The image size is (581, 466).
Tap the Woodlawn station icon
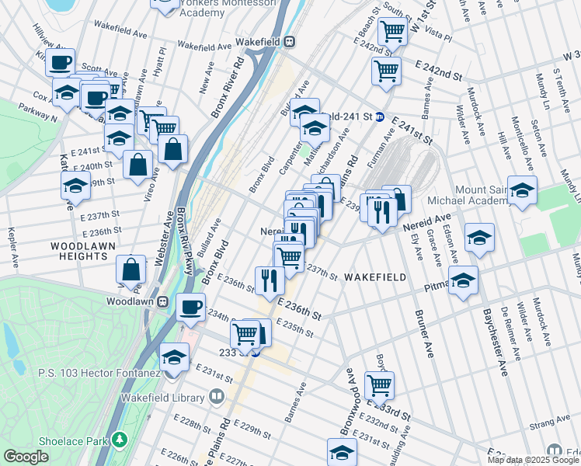[x=164, y=301]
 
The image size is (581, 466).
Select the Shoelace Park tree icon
[x=119, y=440]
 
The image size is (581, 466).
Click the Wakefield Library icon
[x=217, y=397]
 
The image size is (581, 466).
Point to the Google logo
[x=26, y=457]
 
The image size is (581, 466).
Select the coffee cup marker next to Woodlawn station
[x=190, y=308]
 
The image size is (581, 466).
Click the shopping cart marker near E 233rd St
[x=378, y=384]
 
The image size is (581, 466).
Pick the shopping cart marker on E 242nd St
[x=386, y=71]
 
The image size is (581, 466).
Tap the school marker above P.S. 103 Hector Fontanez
[x=174, y=358]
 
